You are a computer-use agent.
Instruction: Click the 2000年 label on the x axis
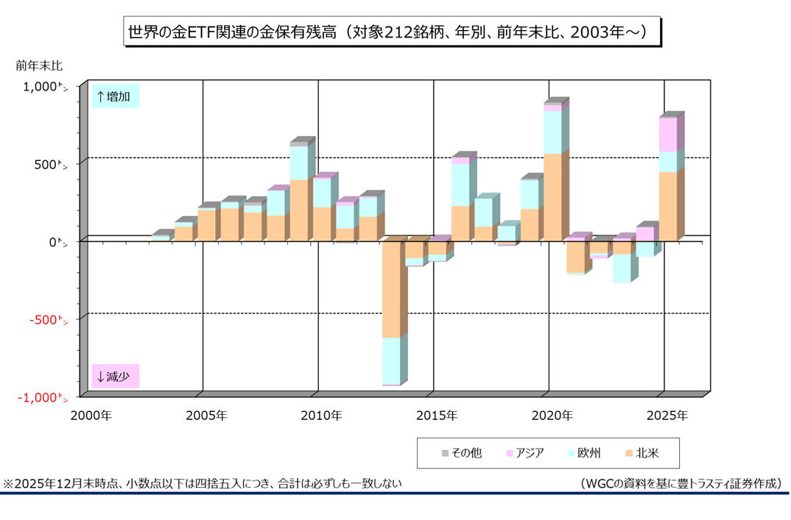(x=91, y=416)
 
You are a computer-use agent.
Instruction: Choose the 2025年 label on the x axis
(x=667, y=416)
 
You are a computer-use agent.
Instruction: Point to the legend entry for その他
(x=462, y=453)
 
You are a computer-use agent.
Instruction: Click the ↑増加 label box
(x=115, y=96)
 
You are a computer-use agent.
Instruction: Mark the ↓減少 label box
(x=115, y=377)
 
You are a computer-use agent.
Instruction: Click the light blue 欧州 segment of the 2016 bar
(x=460, y=185)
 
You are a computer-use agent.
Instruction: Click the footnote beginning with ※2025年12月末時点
(x=203, y=483)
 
